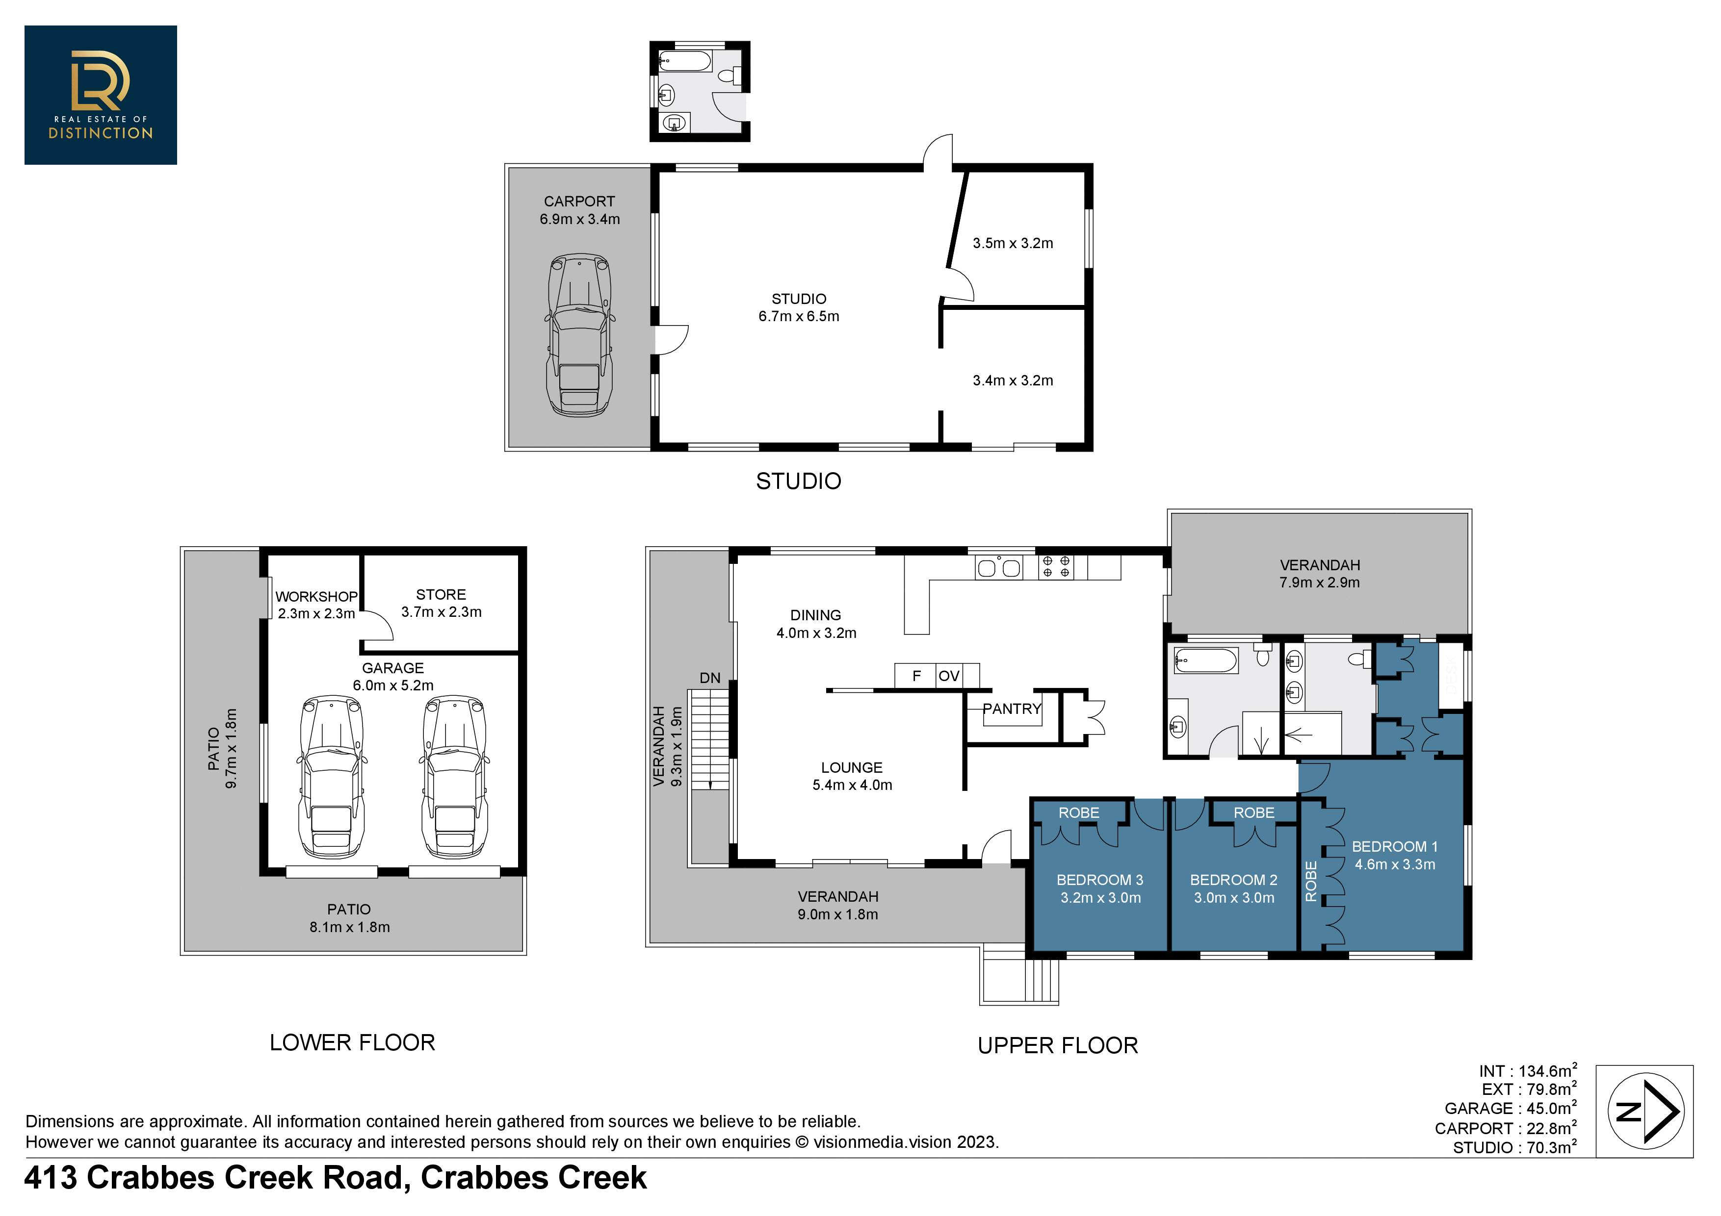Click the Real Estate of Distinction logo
point(101,95)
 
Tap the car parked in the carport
point(579,335)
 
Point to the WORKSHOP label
point(316,596)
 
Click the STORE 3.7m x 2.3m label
point(442,603)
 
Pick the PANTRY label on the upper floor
point(1012,709)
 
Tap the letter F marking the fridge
point(916,676)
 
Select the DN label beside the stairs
point(710,678)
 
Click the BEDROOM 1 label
point(1394,847)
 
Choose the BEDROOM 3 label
point(1099,880)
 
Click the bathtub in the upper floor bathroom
point(1205,661)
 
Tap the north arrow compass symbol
point(1645,1111)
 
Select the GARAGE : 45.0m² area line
point(1511,1108)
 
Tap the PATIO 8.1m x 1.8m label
point(349,918)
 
